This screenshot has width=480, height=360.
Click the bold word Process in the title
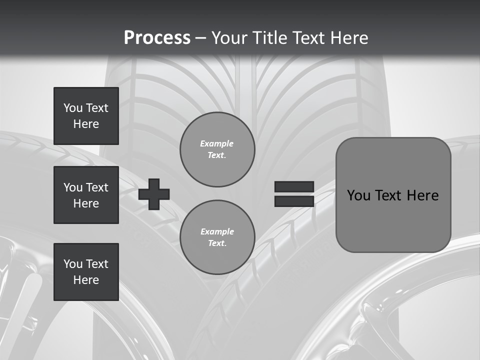tap(157, 37)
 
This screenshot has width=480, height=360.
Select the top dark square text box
tap(86, 116)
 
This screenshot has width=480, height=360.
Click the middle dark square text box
tap(86, 195)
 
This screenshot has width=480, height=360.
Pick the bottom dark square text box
tap(86, 272)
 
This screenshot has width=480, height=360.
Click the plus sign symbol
tap(154, 194)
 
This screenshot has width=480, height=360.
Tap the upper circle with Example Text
tap(217, 149)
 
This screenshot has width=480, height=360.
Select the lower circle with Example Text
tap(217, 237)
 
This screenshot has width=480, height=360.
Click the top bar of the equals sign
tap(294, 187)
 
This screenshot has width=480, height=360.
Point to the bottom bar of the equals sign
tap(294, 201)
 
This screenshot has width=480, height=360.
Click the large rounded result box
tap(393, 195)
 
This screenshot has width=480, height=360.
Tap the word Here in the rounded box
tap(422, 195)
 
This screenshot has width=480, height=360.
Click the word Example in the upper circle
tap(217, 143)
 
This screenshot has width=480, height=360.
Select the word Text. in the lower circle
tap(217, 243)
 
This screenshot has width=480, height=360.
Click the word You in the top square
tap(72, 108)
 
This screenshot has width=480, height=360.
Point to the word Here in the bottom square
tap(86, 280)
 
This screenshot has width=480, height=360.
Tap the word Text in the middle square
tap(96, 187)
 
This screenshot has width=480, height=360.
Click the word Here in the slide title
tap(349, 37)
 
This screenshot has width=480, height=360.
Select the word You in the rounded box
tap(358, 195)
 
